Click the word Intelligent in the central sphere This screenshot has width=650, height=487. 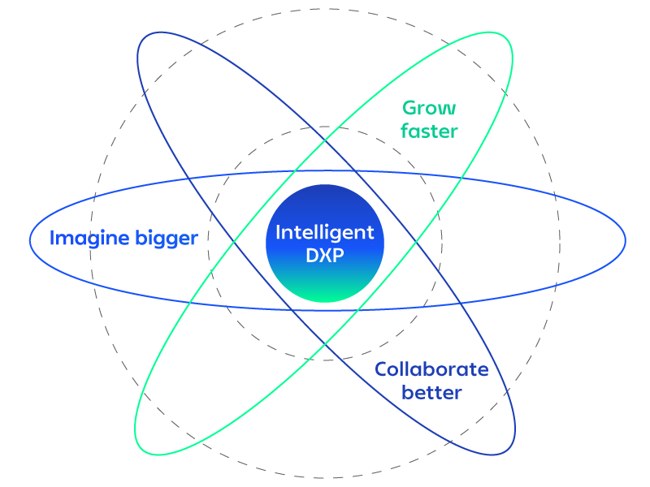click(x=325, y=233)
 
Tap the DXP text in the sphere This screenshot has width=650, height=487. click(x=325, y=254)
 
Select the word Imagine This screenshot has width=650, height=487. click(x=89, y=239)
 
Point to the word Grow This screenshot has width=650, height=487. click(x=429, y=108)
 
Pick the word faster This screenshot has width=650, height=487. click(x=429, y=131)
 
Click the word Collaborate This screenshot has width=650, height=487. click(x=431, y=370)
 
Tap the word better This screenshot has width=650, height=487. click(x=431, y=393)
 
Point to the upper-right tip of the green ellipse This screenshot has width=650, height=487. click(x=509, y=37)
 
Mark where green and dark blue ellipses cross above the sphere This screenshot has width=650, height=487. click(x=325, y=140)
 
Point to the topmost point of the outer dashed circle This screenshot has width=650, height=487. click(x=325, y=9)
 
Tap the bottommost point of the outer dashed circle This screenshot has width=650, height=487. click(x=325, y=478)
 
